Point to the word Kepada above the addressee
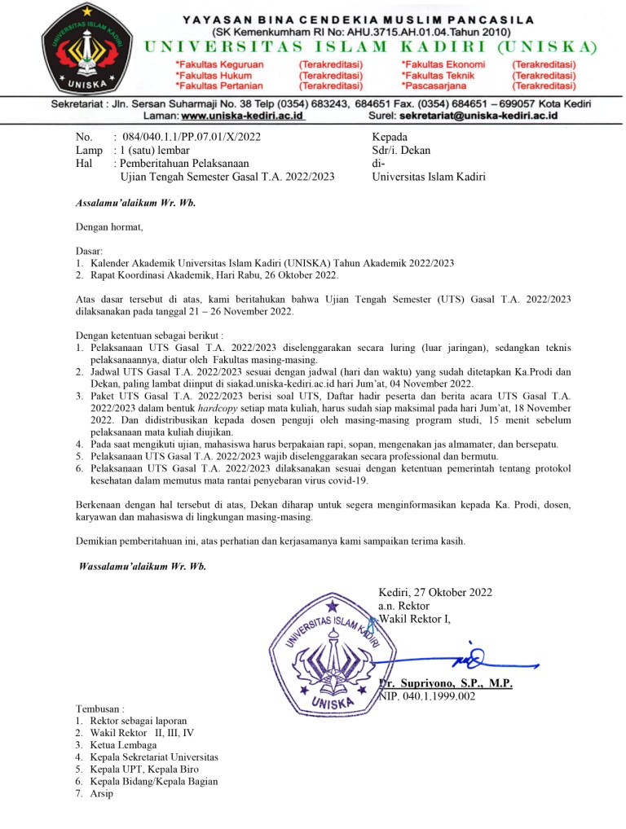(x=390, y=137)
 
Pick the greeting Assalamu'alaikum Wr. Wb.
(x=136, y=203)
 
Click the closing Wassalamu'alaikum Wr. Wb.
(x=142, y=566)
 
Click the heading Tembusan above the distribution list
(x=101, y=709)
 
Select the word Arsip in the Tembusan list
(x=103, y=793)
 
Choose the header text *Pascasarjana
(x=440, y=86)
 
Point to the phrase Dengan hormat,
(x=109, y=227)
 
